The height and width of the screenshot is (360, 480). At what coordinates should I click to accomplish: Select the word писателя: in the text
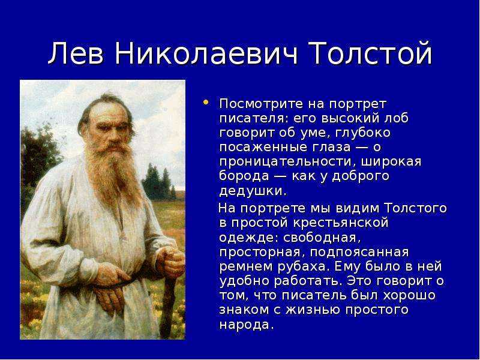tap(254, 118)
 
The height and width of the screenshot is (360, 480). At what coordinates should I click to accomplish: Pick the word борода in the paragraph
tap(244, 176)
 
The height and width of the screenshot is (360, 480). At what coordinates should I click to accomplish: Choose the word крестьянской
tap(340, 222)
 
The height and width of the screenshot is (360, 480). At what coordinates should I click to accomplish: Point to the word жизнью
tap(312, 310)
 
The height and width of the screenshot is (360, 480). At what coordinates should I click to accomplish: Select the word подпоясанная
tap(359, 252)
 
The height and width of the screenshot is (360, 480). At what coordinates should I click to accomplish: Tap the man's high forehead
tap(108, 112)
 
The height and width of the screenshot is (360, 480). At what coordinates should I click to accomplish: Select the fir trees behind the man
tap(159, 182)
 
